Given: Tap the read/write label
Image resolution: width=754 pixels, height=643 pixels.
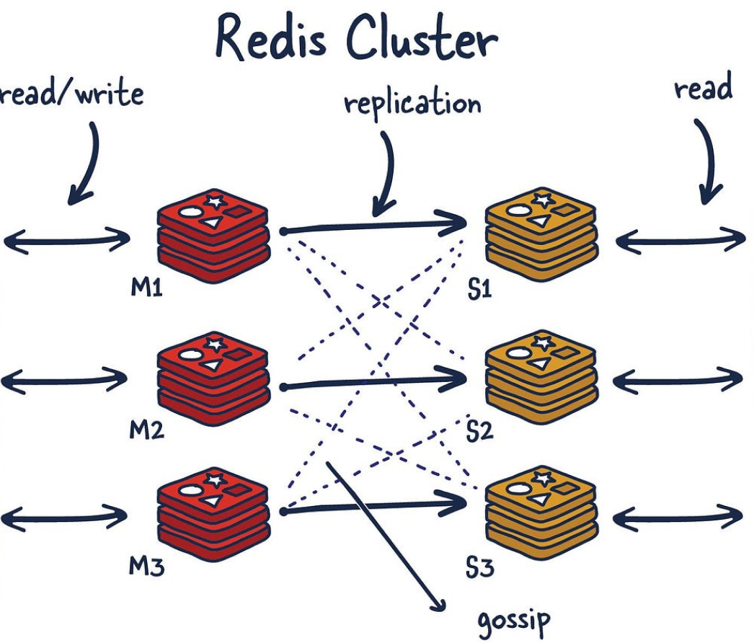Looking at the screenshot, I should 71,94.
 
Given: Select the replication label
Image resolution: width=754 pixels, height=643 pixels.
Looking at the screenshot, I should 412,103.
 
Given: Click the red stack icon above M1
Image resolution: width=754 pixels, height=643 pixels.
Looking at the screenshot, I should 214,234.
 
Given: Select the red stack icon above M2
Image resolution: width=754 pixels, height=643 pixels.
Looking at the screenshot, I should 214,378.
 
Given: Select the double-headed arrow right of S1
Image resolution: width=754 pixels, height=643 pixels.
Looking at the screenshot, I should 679,241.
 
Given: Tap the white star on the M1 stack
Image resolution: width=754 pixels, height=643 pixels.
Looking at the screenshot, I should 213,200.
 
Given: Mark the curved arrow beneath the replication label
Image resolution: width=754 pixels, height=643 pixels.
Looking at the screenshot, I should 385,173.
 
